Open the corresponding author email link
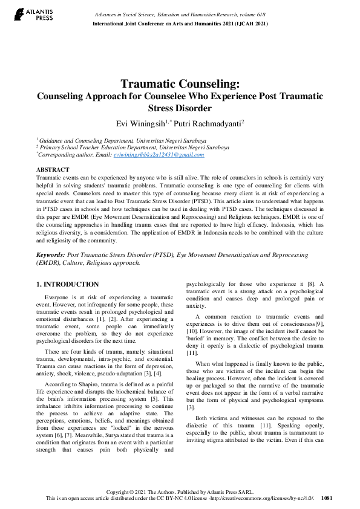pyautogui.click(x=159, y=155)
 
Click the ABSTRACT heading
pyautogui.click(x=53, y=170)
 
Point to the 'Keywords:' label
pyautogui.click(x=50, y=256)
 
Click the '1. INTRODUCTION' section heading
pyautogui.click(x=68, y=284)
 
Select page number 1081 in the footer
pyautogui.click(x=327, y=498)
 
